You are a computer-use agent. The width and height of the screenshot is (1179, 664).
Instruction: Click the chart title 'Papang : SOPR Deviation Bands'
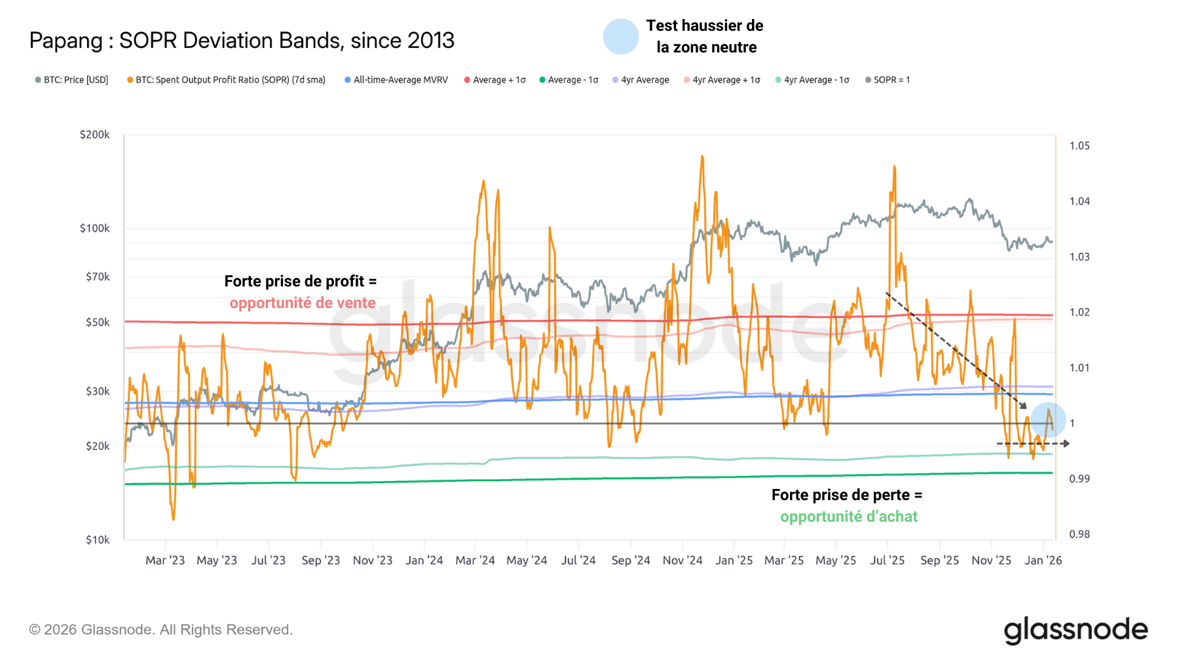point(242,41)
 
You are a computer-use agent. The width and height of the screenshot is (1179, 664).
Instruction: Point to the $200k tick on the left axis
point(95,134)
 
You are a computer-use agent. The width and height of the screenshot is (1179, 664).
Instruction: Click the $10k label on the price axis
point(98,539)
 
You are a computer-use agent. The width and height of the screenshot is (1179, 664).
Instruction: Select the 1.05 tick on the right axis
point(1079,146)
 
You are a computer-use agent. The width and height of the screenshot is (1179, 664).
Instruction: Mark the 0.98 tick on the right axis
point(1079,534)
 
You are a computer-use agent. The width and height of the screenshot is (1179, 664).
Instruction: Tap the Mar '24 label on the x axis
point(475,560)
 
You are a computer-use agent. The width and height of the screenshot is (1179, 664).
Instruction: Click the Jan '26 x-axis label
point(1043,560)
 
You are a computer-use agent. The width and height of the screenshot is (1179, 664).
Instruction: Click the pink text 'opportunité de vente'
point(302,303)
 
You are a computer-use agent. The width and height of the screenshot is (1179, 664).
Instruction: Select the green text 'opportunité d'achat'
point(848,517)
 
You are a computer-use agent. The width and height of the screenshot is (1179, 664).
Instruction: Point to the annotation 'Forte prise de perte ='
point(846,495)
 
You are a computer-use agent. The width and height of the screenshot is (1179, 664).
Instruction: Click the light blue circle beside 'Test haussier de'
point(620,37)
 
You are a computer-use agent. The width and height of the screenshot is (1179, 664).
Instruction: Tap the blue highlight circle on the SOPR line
point(1048,420)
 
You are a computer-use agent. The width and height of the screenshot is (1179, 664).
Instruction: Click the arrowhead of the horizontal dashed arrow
point(1066,444)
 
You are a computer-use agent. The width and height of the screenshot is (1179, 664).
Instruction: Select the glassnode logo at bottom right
point(1076,630)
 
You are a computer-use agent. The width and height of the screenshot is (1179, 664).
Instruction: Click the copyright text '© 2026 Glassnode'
point(160,629)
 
